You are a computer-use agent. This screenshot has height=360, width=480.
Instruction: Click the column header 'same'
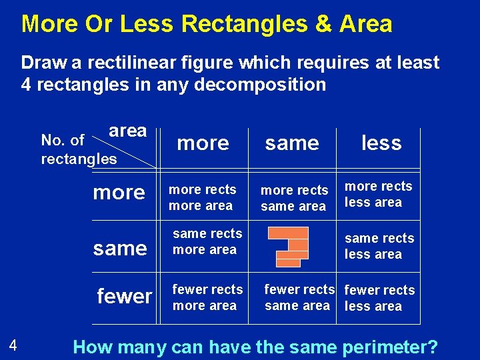292,143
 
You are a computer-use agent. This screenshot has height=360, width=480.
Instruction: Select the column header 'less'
381,143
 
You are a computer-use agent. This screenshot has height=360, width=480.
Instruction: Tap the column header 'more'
203,143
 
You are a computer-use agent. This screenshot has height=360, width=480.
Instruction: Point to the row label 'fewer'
125,295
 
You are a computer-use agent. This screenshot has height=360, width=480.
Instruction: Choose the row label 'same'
120,248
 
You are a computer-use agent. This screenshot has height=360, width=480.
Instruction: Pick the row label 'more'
119,193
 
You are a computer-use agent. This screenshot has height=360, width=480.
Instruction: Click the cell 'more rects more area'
202,197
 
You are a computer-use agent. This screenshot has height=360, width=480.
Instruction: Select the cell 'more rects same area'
294,199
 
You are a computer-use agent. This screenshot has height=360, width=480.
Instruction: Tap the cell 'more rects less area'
378,194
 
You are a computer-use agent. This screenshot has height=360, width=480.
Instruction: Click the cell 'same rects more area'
207,241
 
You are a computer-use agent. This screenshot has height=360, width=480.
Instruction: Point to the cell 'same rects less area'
379,246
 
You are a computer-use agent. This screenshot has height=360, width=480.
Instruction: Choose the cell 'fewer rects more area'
207,297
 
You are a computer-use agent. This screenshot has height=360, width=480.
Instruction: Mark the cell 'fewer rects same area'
299,297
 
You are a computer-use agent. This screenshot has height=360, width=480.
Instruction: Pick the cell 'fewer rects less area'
379,298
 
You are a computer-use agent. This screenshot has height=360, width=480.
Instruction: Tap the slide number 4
13,345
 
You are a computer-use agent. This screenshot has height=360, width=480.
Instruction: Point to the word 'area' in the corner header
127,131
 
